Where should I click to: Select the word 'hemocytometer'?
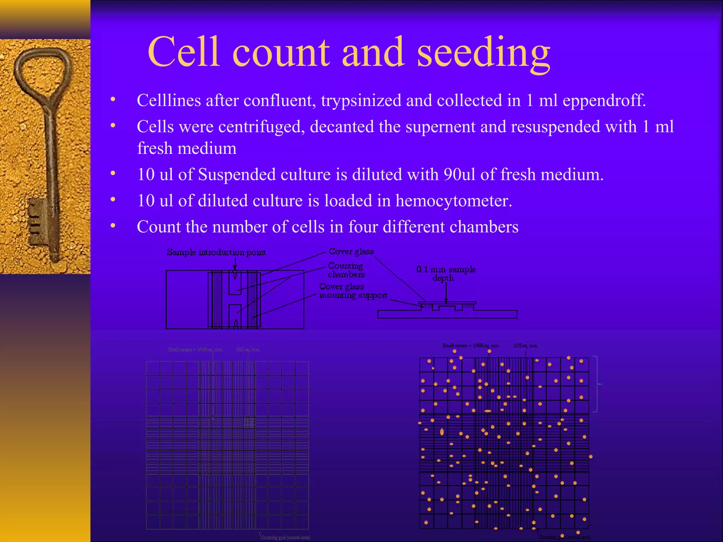[x=453, y=201]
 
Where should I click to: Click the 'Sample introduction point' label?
[x=216, y=252]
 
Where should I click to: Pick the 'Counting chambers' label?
[x=346, y=270]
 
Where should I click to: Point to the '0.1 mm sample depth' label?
[x=446, y=274]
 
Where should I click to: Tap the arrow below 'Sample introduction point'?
[x=235, y=264]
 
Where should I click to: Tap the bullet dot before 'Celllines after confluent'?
[x=113, y=100]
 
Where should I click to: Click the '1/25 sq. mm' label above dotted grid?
[x=526, y=346]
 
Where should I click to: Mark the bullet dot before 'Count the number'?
[x=113, y=226]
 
